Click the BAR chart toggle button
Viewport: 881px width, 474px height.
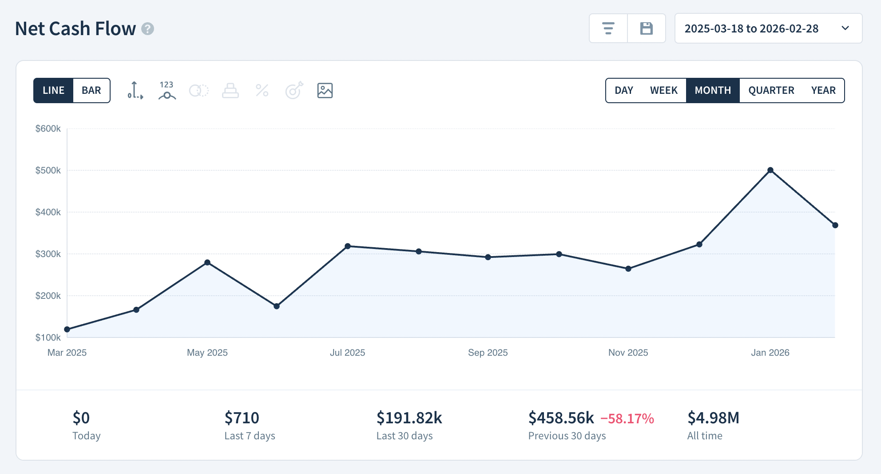[x=91, y=90]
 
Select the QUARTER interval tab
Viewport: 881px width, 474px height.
[x=771, y=90]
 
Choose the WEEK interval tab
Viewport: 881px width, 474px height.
[x=663, y=90]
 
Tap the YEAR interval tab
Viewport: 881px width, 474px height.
[x=823, y=90]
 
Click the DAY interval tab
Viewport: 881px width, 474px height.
[x=623, y=90]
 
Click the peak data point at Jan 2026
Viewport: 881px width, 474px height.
[x=770, y=170]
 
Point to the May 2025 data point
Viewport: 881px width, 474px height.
[x=207, y=262]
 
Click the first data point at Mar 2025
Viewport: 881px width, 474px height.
[x=67, y=329]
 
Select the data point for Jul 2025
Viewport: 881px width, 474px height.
[x=348, y=246]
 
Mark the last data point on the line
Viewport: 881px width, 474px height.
[x=835, y=225]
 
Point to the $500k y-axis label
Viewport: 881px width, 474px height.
[x=48, y=170]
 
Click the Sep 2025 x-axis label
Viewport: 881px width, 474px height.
[x=488, y=353]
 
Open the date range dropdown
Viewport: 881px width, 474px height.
[x=768, y=28]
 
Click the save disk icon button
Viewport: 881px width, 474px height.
[x=646, y=28]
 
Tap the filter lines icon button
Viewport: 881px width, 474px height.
[x=608, y=28]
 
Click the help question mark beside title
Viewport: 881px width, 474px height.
[x=147, y=29]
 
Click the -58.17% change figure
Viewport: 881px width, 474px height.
[x=627, y=418]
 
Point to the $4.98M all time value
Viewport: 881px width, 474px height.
[x=713, y=418]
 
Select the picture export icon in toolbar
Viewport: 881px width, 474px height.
[x=325, y=90]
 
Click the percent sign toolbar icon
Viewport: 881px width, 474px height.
[x=262, y=90]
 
